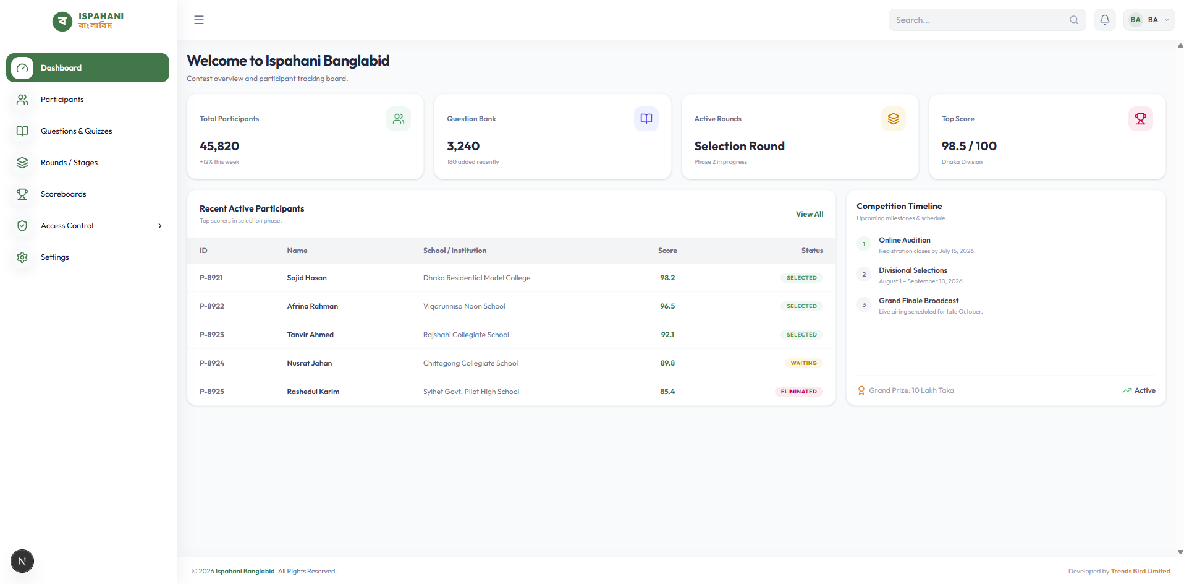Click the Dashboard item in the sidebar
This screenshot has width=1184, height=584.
tap(88, 67)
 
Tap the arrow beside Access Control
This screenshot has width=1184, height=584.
tap(160, 226)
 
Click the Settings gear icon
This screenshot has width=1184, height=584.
tap(22, 257)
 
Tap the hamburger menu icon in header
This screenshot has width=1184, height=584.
tap(199, 20)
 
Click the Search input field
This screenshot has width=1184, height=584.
tap(987, 20)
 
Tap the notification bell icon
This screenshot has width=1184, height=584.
tap(1105, 20)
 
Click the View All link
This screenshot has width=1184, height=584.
tap(810, 214)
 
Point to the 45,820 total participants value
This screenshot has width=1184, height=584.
tap(219, 146)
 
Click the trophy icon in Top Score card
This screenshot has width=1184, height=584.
tap(1141, 119)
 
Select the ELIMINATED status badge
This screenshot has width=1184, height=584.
tap(798, 392)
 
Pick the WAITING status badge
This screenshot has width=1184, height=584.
tap(804, 363)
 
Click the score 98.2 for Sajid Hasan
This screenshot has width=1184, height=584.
tap(667, 278)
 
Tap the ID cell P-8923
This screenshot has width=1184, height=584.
tap(212, 335)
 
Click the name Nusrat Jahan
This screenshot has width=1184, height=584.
tap(310, 363)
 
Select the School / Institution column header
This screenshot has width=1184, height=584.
tap(455, 251)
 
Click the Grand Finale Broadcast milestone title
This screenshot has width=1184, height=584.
tap(919, 301)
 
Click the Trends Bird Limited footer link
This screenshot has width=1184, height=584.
tap(1140, 571)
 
